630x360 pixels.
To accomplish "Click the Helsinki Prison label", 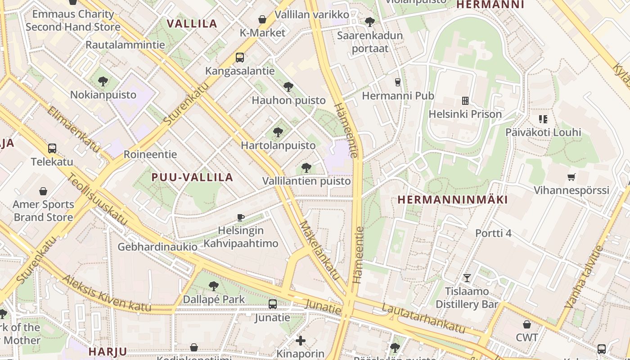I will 465,114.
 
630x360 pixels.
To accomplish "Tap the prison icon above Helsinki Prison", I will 465,100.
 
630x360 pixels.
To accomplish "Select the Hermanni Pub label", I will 398,95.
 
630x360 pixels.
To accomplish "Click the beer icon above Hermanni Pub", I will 397,82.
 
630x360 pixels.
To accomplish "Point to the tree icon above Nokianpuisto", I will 103,81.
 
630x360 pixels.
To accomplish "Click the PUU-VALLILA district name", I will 192,177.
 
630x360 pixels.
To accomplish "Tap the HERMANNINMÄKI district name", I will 453,199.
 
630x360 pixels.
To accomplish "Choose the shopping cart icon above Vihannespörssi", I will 571,177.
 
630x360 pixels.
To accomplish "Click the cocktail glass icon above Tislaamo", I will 467,278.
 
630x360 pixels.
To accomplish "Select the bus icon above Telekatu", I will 52,148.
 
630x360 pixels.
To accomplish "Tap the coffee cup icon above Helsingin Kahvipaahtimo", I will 241,217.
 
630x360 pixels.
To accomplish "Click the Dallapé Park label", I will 214,299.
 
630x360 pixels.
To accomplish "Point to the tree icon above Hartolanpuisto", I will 278,132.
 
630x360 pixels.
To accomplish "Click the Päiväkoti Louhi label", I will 543,132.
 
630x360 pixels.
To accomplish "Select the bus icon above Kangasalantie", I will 240,58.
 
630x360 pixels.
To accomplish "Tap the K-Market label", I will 262,32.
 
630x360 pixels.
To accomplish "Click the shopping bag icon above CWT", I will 527,324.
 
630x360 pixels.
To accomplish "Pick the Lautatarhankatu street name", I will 423,318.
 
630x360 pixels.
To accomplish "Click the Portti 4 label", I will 494,233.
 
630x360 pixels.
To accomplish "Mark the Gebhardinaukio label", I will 157,247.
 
